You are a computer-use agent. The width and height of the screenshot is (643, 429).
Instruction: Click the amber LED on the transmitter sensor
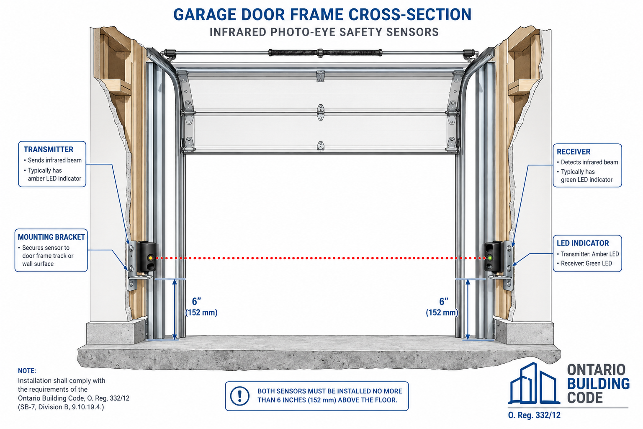pos(150,258)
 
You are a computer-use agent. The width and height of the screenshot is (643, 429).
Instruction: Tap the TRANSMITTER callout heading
pos(48,150)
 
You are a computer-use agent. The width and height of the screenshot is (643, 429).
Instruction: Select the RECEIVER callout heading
pos(574,151)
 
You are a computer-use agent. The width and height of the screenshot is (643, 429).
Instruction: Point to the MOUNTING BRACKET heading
pos(51,237)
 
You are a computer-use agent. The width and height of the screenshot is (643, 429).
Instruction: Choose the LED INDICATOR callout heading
pos(583,243)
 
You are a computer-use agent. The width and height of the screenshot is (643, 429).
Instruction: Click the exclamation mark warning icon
pos(240,396)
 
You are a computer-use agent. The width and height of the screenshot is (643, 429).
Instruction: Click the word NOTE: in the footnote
pos(27,371)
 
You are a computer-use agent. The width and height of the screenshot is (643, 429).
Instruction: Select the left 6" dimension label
pos(196,301)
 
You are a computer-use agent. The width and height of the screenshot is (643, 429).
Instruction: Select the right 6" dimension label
pos(444,301)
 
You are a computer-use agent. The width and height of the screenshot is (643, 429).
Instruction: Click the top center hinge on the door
pos(321,76)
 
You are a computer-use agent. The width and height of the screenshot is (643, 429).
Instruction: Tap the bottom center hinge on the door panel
pos(321,146)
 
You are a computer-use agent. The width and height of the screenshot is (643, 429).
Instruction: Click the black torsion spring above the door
pos(325,53)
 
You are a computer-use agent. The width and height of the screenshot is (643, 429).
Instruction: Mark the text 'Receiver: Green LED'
pos(586,263)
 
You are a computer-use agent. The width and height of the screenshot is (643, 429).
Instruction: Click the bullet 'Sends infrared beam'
pos(55,160)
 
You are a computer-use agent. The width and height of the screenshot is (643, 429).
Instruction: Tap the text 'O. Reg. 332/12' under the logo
pos(534,415)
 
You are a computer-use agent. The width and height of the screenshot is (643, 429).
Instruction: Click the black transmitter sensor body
pos(147,256)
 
